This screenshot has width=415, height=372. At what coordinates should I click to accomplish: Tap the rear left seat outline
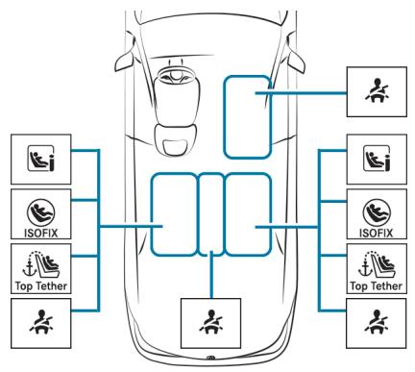[174, 213]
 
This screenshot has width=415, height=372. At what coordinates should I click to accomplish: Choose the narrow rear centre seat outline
[211, 213]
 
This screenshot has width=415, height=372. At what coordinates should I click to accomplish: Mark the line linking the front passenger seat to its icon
[307, 93]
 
